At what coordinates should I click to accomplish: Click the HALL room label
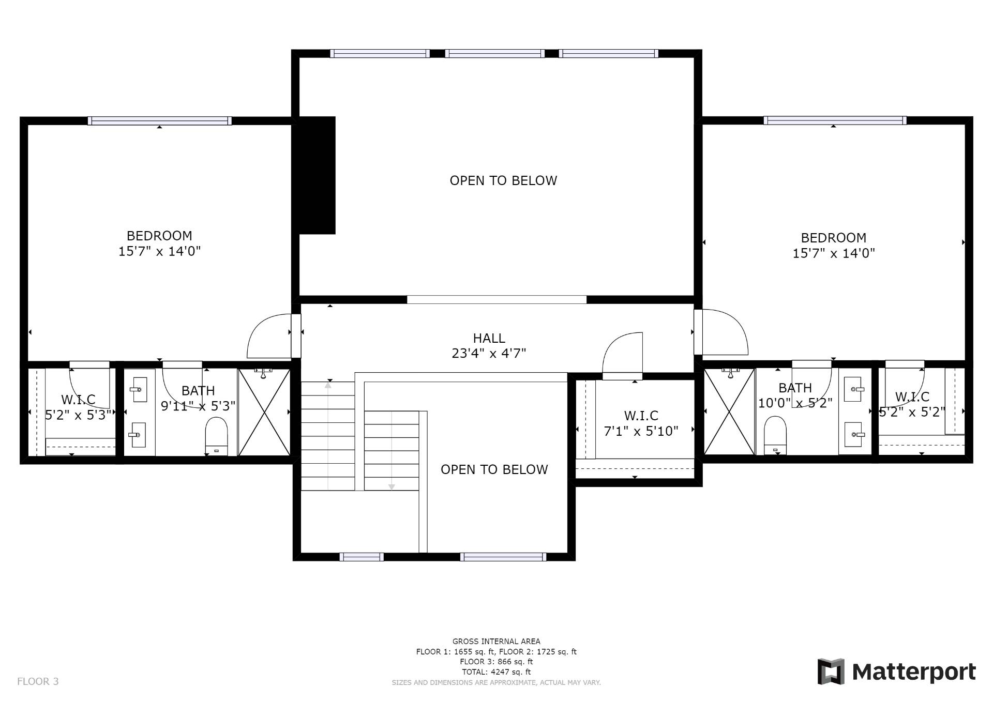(x=489, y=338)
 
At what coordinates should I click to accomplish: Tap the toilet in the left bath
(x=217, y=436)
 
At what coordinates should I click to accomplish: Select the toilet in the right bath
(x=775, y=435)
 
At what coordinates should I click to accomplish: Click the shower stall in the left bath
(x=264, y=412)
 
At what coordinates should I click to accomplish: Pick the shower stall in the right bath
(x=729, y=411)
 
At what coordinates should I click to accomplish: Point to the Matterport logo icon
(x=831, y=672)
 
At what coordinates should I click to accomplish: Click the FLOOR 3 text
(x=38, y=681)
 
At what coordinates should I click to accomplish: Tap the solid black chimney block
(x=314, y=175)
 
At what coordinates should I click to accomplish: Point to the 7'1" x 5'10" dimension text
(x=641, y=431)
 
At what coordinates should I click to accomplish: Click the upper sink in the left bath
(x=139, y=389)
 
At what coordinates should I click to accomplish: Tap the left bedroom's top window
(x=159, y=121)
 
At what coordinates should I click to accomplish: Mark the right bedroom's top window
(x=835, y=120)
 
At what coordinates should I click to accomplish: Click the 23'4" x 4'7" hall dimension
(x=489, y=354)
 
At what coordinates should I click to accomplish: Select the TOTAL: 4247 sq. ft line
(x=496, y=672)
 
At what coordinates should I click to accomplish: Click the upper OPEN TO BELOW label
(x=503, y=180)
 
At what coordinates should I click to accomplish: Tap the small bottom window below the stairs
(x=362, y=557)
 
